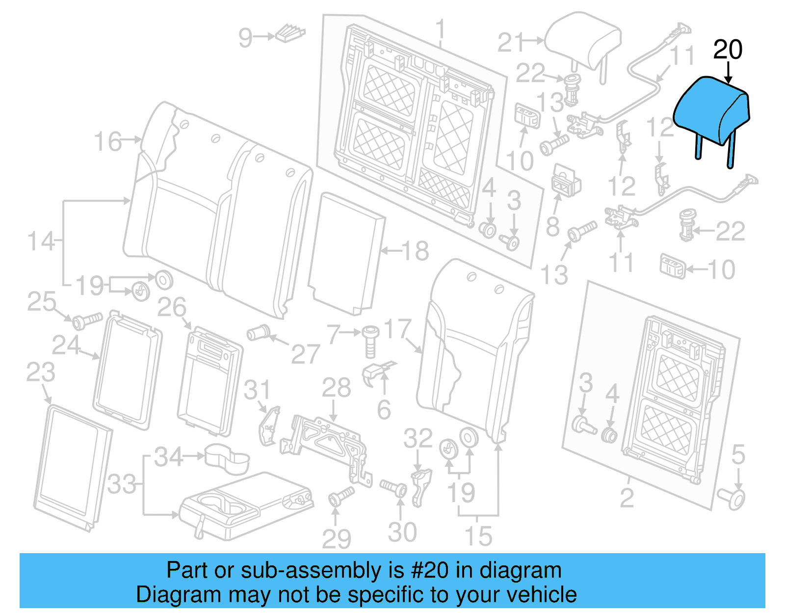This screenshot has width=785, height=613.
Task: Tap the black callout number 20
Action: (728, 50)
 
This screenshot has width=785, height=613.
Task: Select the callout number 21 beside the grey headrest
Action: (510, 43)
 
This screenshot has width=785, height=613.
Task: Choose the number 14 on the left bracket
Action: (41, 241)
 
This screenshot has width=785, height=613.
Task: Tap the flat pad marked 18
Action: (346, 253)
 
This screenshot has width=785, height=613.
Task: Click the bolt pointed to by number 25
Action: (87, 321)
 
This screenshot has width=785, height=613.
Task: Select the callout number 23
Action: (40, 372)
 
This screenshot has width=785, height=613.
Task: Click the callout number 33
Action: (121, 484)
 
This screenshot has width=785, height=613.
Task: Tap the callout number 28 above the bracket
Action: (336, 388)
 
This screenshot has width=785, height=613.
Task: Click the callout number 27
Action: (305, 353)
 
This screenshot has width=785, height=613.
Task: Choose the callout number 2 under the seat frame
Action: (627, 498)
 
